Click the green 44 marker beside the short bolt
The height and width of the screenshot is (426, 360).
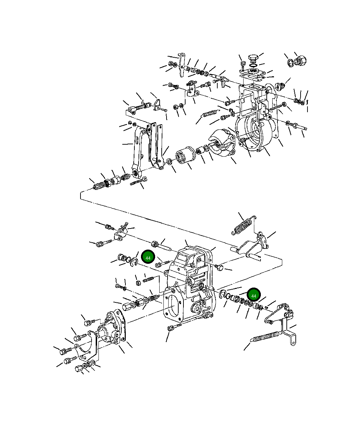(148, 258)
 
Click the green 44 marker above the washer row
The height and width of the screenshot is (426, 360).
(254, 296)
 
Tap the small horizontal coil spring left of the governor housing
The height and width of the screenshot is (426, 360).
(210, 113)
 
